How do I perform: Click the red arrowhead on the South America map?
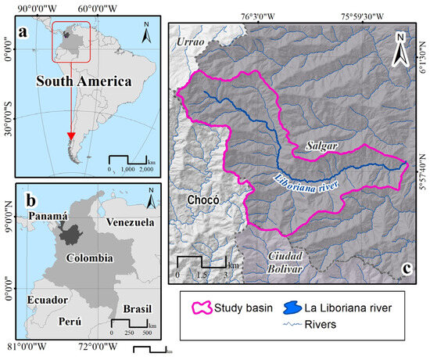71,137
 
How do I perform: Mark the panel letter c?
407,270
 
